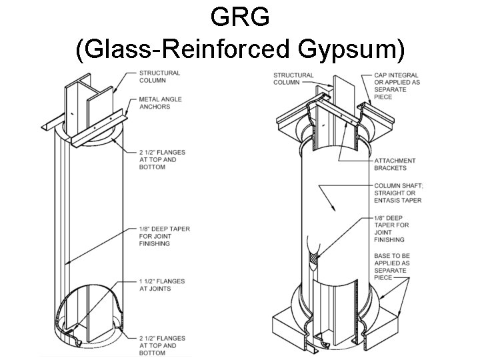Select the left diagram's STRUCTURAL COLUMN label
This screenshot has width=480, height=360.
click(160, 77)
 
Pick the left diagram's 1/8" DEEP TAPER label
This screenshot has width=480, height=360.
click(164, 236)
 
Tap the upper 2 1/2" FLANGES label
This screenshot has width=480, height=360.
click(161, 159)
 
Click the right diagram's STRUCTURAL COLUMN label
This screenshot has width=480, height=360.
click(293, 79)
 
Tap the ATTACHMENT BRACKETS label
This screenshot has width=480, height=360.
click(395, 164)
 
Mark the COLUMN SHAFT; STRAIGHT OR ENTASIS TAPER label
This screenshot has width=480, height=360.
click(398, 193)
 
